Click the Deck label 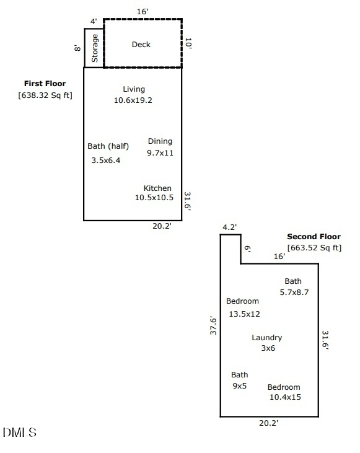point(141,45)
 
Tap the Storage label point(95,48)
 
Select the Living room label point(133,89)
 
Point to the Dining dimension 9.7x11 point(160,152)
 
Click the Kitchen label point(157,188)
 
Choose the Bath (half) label point(108,146)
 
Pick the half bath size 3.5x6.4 point(106,160)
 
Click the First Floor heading point(45,84)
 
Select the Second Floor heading point(314,237)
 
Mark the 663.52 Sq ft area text point(314,248)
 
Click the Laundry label point(267,338)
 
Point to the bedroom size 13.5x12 point(244,314)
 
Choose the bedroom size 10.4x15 point(285,397)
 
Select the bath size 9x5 point(239,385)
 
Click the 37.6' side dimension point(213,325)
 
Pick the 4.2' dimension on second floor point(230,227)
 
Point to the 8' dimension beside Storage point(77,48)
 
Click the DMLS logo point(20,433)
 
